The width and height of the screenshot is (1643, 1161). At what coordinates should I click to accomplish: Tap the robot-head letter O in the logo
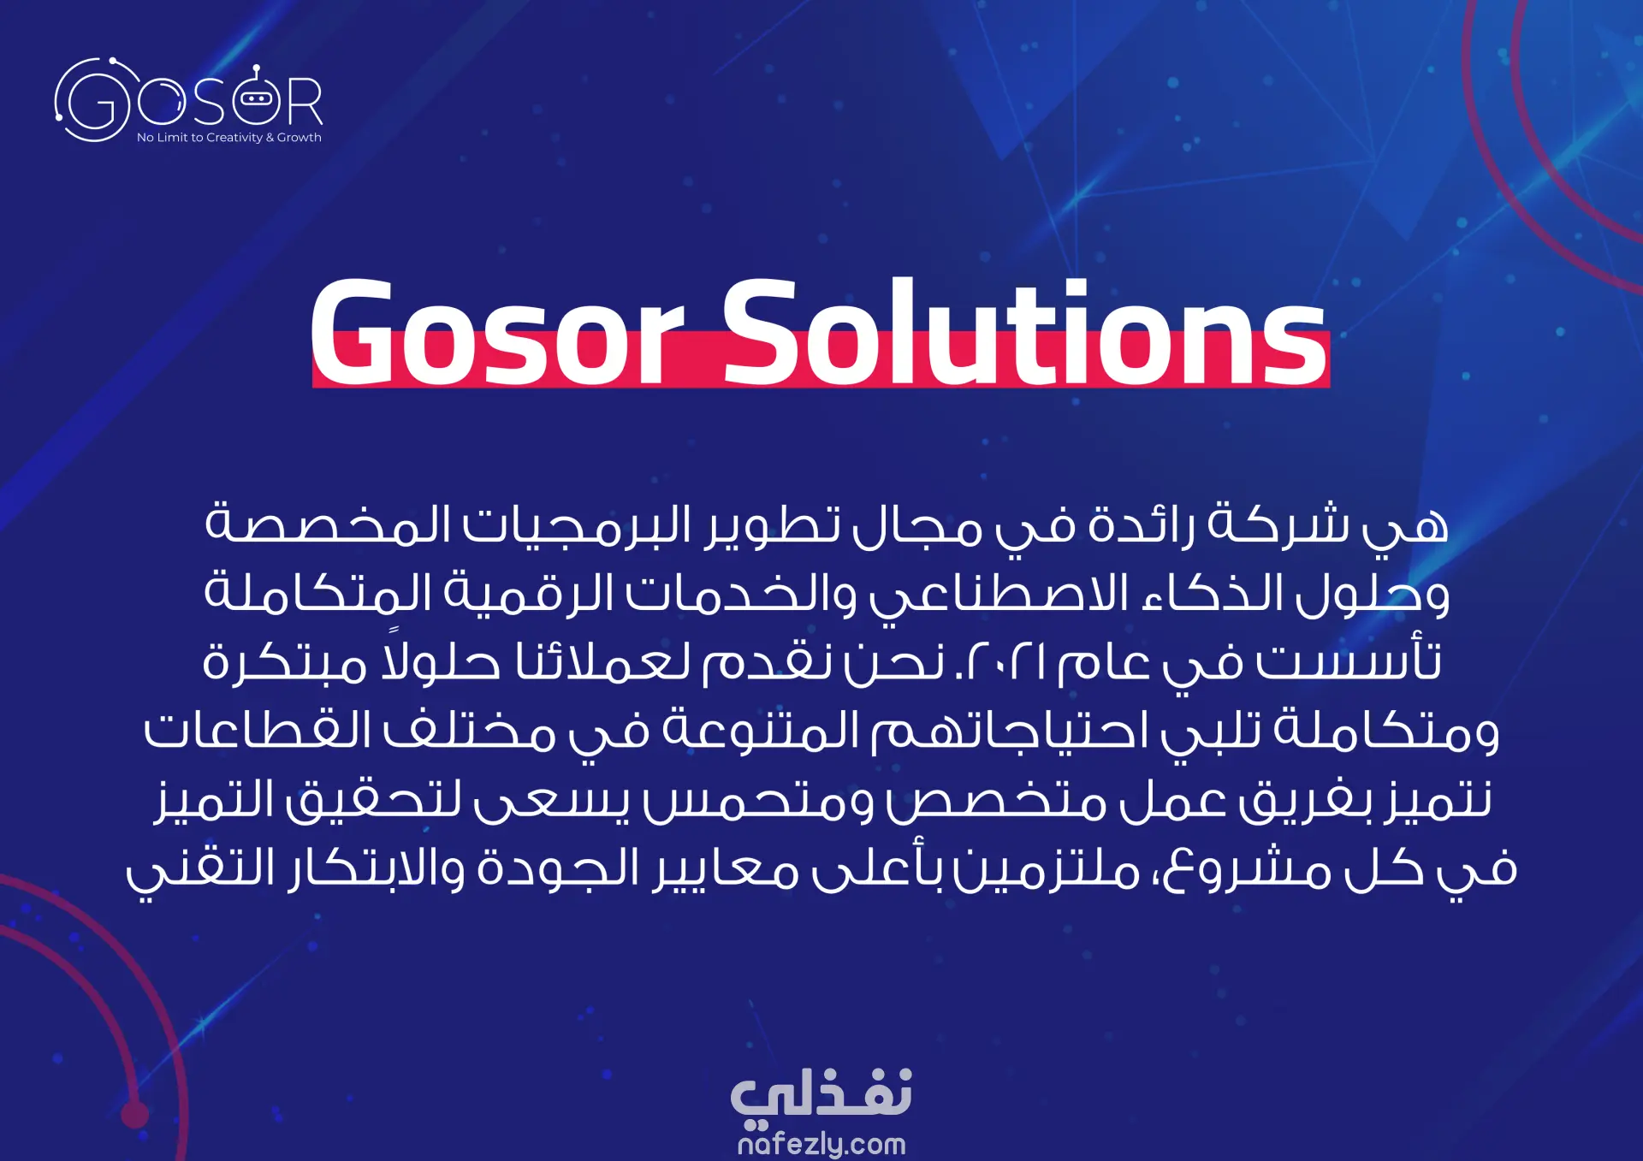click(x=256, y=98)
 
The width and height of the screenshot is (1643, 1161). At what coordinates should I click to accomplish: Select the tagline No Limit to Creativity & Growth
click(x=229, y=138)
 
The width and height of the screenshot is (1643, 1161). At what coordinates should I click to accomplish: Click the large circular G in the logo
click(x=92, y=100)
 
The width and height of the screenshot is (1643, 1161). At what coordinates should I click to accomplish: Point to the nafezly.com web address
click(x=821, y=1144)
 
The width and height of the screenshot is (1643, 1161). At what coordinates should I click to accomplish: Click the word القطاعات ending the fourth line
click(x=257, y=731)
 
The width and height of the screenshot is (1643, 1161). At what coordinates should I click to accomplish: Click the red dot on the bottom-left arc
click(x=134, y=1114)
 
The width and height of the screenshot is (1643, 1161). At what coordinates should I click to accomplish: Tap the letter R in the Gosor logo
click(x=305, y=101)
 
